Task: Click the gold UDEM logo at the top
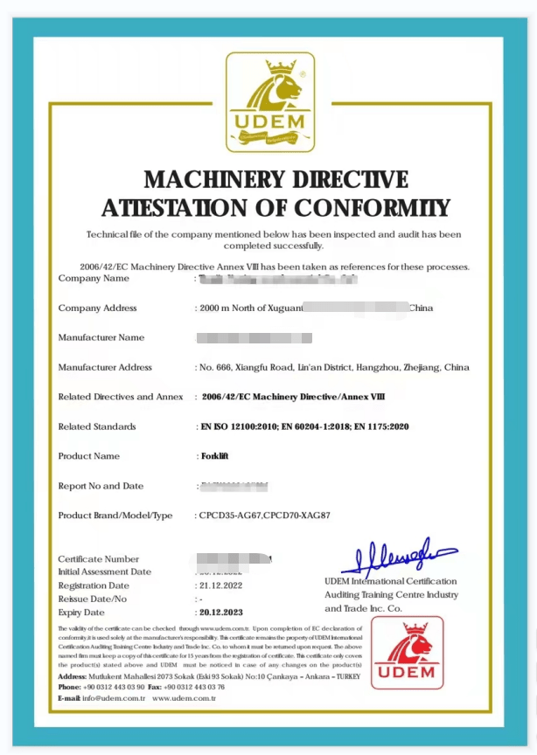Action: (269, 101)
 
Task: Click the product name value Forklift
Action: (215, 456)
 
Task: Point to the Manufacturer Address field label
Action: (105, 367)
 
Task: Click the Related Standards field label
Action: (97, 426)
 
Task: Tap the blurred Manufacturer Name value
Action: (254, 337)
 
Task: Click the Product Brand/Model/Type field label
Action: (115, 516)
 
